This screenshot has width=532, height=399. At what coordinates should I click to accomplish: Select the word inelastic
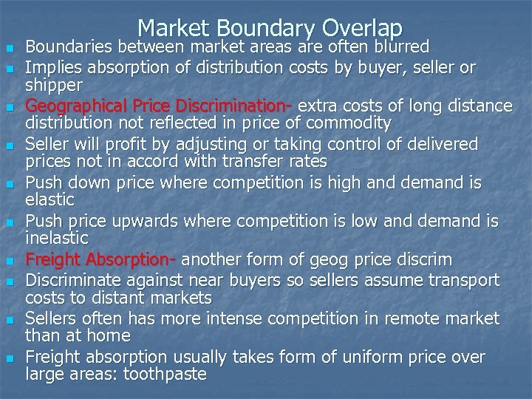point(57,239)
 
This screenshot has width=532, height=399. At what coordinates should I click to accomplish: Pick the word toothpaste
point(165,375)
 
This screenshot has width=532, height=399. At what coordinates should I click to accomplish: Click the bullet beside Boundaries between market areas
point(10,49)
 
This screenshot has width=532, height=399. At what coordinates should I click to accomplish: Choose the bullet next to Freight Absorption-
point(10,261)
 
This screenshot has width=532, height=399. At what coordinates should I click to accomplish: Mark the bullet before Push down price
point(10,183)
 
